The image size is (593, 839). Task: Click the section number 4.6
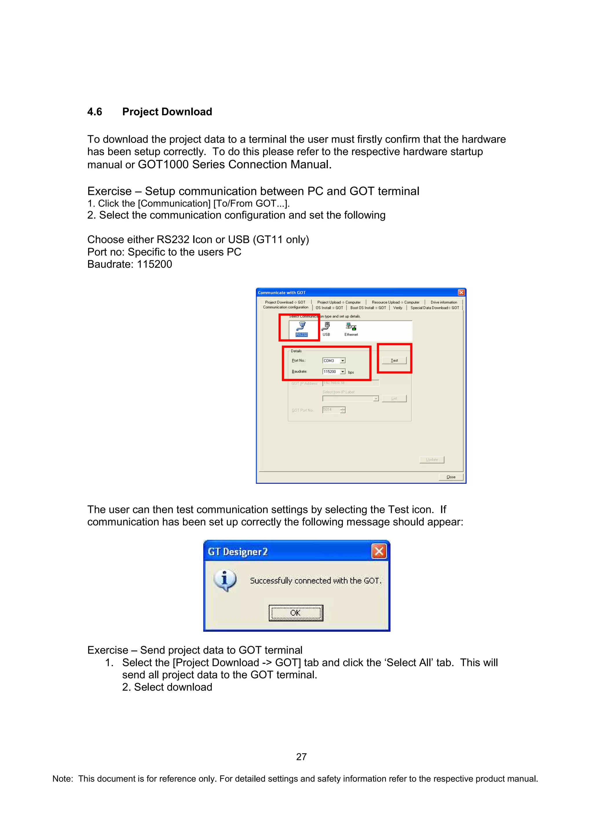pyautogui.click(x=95, y=112)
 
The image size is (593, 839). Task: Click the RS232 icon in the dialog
pyautogui.click(x=301, y=328)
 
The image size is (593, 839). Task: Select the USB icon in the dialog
pyautogui.click(x=326, y=328)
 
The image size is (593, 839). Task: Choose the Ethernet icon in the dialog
pyautogui.click(x=351, y=328)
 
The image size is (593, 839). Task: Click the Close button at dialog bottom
pyautogui.click(x=451, y=477)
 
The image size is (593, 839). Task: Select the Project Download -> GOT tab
pyautogui.click(x=285, y=302)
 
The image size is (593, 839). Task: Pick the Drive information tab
pyautogui.click(x=444, y=302)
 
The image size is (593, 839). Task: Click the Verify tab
pyautogui.click(x=398, y=308)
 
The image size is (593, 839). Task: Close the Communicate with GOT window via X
pyautogui.click(x=461, y=292)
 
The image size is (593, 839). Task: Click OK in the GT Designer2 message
pyautogui.click(x=296, y=613)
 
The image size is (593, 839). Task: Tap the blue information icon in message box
pyautogui.click(x=225, y=580)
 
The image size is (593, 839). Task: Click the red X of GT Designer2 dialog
pyautogui.click(x=379, y=551)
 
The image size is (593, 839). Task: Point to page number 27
pyautogui.click(x=301, y=757)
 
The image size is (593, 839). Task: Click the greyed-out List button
pyautogui.click(x=394, y=399)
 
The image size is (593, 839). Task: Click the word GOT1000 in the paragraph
pyautogui.click(x=163, y=164)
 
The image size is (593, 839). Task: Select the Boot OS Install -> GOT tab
pyautogui.click(x=368, y=308)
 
